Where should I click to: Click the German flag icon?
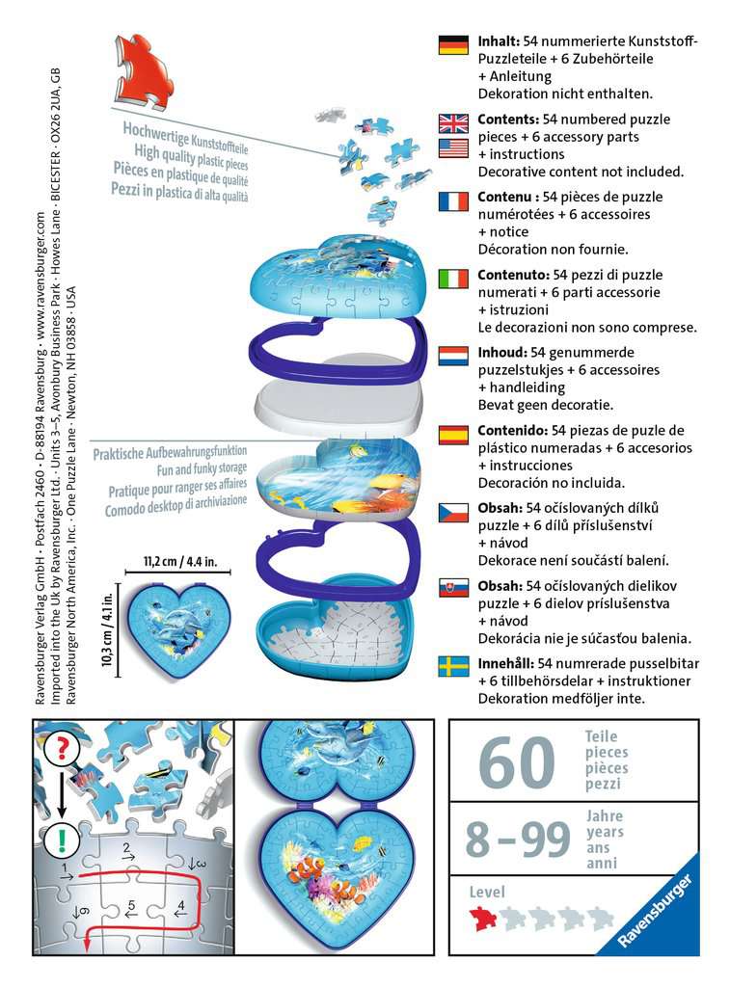point(453,44)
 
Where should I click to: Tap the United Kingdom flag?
point(453,122)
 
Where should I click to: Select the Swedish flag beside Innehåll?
point(453,666)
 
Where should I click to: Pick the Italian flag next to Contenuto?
point(453,279)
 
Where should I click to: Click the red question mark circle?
point(62,748)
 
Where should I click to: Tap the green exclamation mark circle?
point(62,839)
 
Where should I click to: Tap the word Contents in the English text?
point(507,120)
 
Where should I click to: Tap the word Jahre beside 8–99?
point(604,815)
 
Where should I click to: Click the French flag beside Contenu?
point(453,200)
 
